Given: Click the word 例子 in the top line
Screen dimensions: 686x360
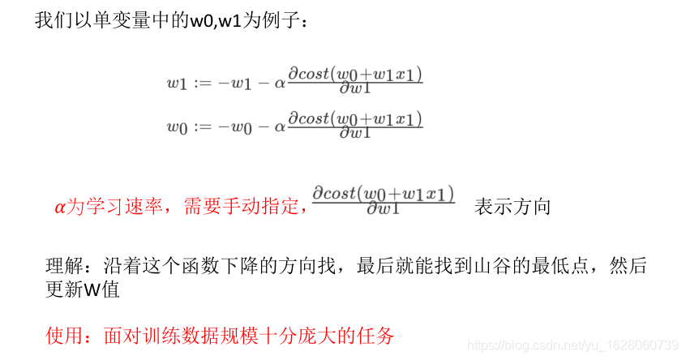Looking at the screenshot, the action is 279,20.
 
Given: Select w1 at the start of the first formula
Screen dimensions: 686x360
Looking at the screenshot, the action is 177,82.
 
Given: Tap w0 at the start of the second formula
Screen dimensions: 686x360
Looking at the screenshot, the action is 177,126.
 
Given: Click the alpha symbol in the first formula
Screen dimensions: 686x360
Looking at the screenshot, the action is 281,82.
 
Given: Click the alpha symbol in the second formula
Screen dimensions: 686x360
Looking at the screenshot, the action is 281,126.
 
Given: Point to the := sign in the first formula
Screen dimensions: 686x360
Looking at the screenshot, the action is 201,82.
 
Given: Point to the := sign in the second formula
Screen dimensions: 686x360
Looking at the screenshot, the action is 201,126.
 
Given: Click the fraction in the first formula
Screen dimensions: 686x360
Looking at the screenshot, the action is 355,81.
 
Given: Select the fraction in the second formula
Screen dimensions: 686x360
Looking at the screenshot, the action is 355,126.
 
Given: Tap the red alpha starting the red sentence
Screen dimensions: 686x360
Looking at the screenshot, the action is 59,208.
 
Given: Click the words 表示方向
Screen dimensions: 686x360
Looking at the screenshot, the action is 512,207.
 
